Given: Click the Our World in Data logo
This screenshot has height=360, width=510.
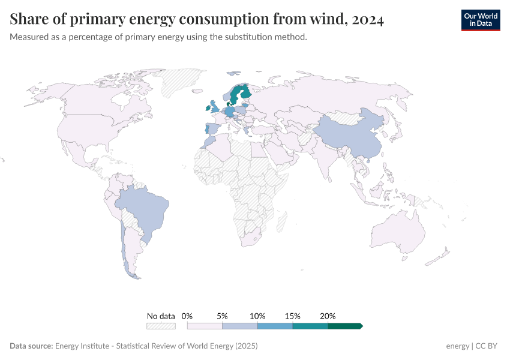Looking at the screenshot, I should (x=480, y=20).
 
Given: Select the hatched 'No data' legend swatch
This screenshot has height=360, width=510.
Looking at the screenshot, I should (x=161, y=326).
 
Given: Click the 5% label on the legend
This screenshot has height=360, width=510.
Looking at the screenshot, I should (x=222, y=316).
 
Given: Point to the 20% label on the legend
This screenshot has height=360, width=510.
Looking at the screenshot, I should (x=328, y=316).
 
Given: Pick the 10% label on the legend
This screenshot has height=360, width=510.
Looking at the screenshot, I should (x=257, y=316).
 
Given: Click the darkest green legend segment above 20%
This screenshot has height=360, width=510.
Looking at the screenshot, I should (x=345, y=326).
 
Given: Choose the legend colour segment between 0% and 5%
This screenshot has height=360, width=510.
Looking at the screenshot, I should (x=205, y=326).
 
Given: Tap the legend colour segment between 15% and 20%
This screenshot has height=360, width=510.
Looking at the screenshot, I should (x=310, y=326).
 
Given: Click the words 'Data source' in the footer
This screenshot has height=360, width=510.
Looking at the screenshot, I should (x=31, y=346).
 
